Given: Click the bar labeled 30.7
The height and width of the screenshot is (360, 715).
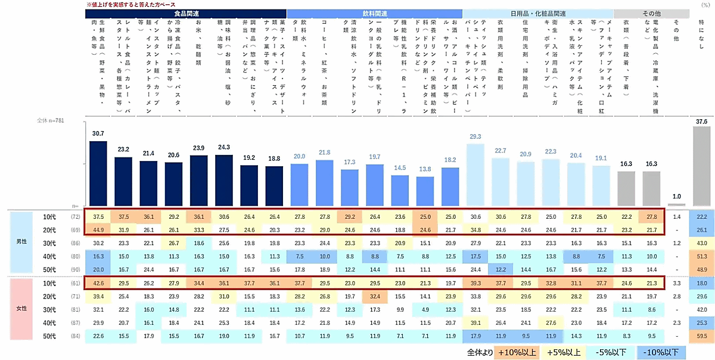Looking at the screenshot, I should point(98,173).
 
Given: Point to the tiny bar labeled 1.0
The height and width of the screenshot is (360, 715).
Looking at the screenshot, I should point(676,203).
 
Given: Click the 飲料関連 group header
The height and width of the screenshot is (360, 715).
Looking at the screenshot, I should point(374,13).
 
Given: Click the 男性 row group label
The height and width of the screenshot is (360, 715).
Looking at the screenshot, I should point(20,242).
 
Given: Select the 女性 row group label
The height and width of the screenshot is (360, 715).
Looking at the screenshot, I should point(20,308).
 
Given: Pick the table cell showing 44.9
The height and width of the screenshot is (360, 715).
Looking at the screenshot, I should point(98,229).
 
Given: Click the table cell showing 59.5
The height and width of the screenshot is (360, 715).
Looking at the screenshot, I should point(701,336).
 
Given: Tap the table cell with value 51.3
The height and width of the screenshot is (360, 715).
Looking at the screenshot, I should point(701,256).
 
